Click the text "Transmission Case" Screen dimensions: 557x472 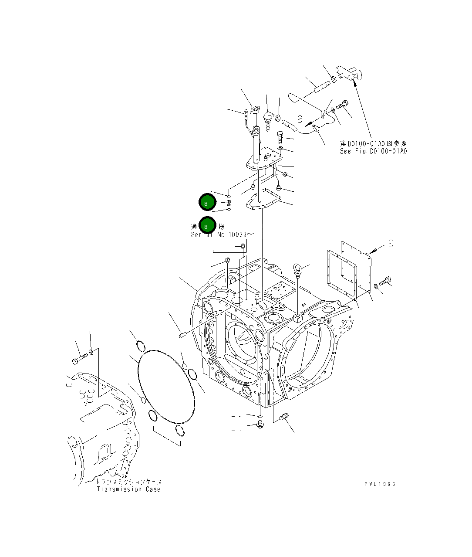click(x=128, y=489)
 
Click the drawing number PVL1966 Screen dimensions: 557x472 click(x=380, y=484)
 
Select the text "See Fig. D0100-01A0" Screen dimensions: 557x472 click(x=373, y=151)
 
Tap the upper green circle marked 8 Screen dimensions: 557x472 click(x=207, y=203)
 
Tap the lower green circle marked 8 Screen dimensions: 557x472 click(x=207, y=226)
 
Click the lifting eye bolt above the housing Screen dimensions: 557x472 click(x=297, y=270)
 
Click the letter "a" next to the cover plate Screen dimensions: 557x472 click(x=391, y=244)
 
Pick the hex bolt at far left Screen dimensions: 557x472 click(x=78, y=360)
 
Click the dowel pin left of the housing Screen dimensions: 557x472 click(x=183, y=335)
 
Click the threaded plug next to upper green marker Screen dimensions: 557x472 click(x=229, y=203)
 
